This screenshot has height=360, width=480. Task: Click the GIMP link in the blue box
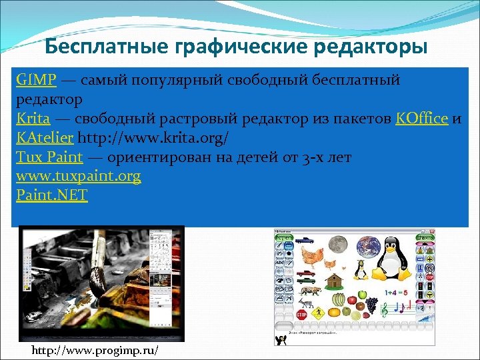37,81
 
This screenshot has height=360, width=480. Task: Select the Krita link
33,119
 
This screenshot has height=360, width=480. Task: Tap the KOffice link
421,119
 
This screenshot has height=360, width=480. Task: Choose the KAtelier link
45,138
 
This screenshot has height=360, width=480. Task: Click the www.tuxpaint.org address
79,177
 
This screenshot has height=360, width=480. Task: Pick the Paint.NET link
52,196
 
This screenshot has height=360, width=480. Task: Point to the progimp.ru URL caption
95,351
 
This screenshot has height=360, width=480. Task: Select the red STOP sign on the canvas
301,314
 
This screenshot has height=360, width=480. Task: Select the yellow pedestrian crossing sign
319,311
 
